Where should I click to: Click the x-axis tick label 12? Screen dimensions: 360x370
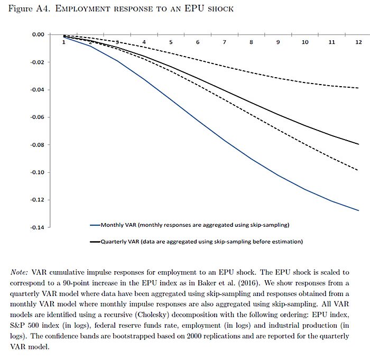(358, 41)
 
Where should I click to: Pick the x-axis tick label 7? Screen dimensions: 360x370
(225, 41)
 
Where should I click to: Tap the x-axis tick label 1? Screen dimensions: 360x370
(64, 41)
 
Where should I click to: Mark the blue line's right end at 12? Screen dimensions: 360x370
(359, 210)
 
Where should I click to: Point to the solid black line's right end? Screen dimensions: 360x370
(359, 144)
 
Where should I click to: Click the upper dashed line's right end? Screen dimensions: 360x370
(359, 88)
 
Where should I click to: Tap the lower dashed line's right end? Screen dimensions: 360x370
(359, 170)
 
